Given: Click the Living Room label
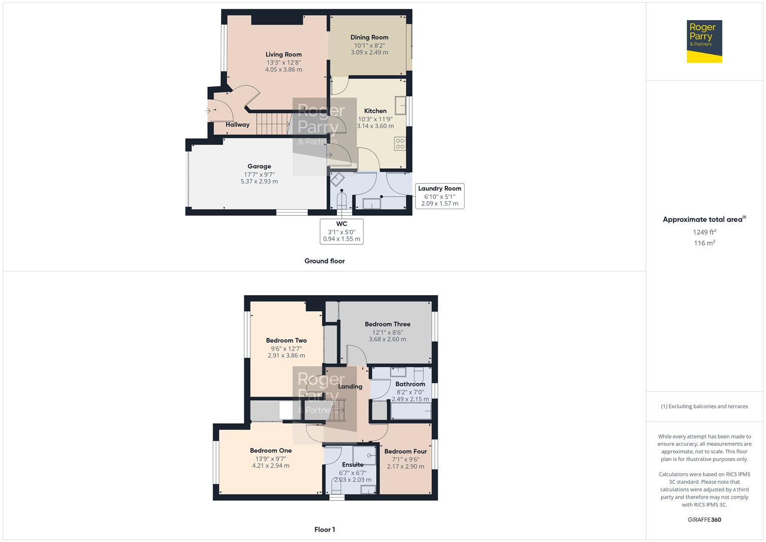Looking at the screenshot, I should [x=283, y=55].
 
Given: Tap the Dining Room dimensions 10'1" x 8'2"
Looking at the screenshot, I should [x=369, y=45].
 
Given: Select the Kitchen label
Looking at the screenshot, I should [x=375, y=111].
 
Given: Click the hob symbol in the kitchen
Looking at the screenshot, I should [x=400, y=144].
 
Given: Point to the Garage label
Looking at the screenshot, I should [x=259, y=167].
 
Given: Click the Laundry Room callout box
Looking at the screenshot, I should [x=439, y=196].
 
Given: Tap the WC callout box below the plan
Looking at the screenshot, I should [x=342, y=231].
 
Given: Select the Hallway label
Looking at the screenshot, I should [x=237, y=124].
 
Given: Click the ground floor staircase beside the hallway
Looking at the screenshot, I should [x=273, y=123].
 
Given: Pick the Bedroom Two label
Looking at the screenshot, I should [x=286, y=340].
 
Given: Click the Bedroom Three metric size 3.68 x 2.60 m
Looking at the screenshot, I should [x=387, y=339].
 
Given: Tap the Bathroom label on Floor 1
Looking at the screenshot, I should [x=410, y=384].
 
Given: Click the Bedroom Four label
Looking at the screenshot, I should [x=405, y=451].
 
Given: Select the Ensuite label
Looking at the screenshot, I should [x=352, y=465].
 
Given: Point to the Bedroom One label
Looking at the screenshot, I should [x=270, y=451].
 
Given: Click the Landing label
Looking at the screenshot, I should [x=350, y=386].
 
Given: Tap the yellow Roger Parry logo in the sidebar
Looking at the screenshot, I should [x=704, y=42].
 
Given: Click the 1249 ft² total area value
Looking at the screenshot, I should [x=704, y=232].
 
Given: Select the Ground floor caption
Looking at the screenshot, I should [x=325, y=261].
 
